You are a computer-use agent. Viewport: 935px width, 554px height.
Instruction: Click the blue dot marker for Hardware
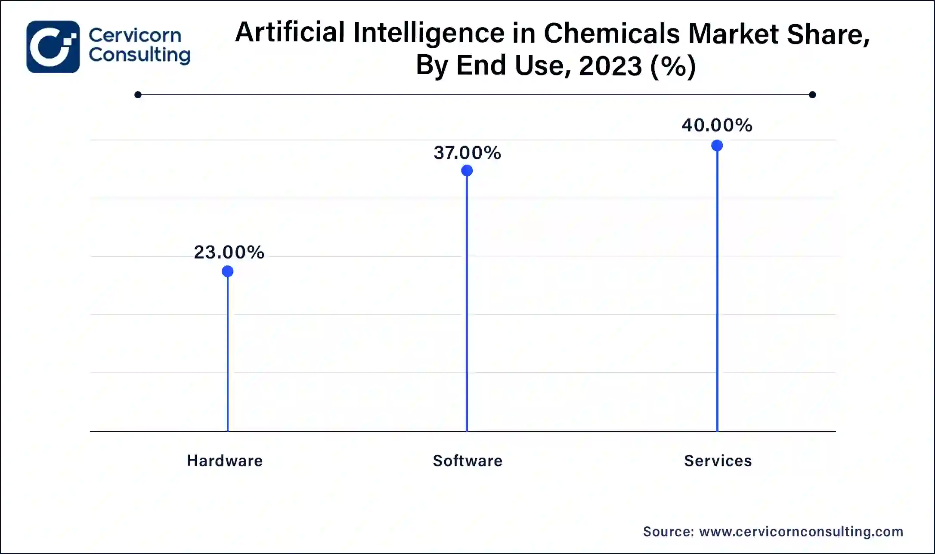coord(228,271)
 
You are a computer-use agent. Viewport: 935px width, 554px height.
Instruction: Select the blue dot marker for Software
coord(467,171)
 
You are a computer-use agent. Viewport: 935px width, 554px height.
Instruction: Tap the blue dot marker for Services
coord(717,146)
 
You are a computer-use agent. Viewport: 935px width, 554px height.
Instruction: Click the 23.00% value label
coord(229,252)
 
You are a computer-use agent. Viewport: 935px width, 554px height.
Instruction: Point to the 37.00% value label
coord(467,153)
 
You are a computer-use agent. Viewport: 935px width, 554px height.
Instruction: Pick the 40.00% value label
coord(717,125)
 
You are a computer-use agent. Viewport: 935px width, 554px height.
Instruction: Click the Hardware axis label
coord(225,461)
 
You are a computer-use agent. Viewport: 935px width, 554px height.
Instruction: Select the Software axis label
coord(468,461)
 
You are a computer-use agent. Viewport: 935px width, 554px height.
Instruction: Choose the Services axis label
coord(718,461)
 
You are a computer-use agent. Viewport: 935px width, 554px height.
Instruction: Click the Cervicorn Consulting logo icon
coord(53,47)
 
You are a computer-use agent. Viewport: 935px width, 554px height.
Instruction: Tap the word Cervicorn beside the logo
coord(135,35)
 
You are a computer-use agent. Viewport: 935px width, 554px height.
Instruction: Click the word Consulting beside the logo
coord(139,55)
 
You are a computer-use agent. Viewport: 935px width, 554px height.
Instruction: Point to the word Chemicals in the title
coord(612,33)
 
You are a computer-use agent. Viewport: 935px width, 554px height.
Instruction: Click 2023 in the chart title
coord(610,66)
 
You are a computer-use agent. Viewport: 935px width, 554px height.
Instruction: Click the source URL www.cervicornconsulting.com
coord(801,532)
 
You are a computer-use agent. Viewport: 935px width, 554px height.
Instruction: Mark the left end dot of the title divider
coord(138,95)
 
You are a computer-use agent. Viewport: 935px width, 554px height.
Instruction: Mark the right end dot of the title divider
coord(812,95)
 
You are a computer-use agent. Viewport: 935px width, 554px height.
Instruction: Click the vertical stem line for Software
coord(467,302)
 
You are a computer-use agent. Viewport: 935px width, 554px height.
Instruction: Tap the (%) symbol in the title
coord(673,66)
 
